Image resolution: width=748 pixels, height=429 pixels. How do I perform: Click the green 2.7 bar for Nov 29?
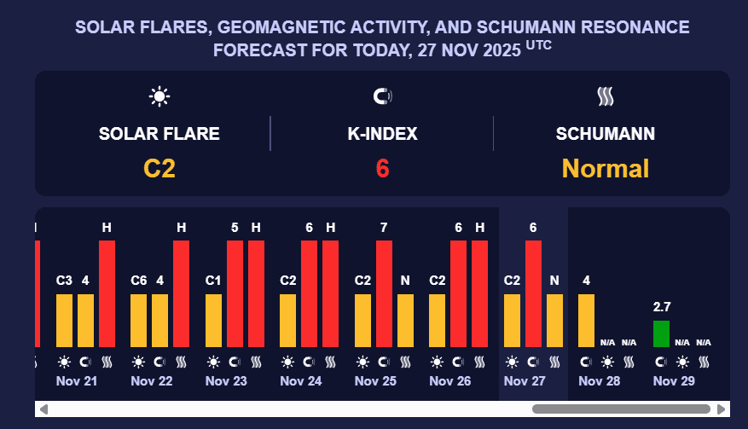[x=661, y=333]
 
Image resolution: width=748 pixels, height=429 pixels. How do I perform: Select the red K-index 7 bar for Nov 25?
[x=384, y=293]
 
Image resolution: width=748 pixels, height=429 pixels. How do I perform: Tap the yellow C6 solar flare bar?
[x=139, y=320]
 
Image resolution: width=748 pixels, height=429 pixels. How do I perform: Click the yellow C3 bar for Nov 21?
[x=65, y=320]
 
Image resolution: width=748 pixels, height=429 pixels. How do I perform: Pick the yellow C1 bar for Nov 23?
[x=213, y=320]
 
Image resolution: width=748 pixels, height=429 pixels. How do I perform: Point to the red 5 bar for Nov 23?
[x=235, y=293]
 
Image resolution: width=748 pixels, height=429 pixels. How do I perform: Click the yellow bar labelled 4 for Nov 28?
[x=587, y=320]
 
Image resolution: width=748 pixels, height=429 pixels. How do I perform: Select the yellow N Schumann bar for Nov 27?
[x=554, y=320]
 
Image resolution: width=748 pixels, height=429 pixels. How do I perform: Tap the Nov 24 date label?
[x=301, y=380]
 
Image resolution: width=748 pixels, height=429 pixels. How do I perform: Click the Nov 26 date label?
[x=450, y=380]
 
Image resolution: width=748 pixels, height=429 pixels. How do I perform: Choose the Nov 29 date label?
[x=674, y=380]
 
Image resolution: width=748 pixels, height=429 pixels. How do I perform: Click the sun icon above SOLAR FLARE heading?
[x=159, y=96]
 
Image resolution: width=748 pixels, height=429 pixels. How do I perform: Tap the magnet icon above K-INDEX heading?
[x=382, y=96]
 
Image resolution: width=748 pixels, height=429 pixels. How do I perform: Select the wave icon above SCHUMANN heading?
[x=606, y=96]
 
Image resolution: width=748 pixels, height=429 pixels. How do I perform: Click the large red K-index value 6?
[x=382, y=168]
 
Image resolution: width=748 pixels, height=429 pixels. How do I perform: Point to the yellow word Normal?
[x=606, y=168]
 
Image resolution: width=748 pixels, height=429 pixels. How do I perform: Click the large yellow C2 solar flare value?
[x=159, y=168]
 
